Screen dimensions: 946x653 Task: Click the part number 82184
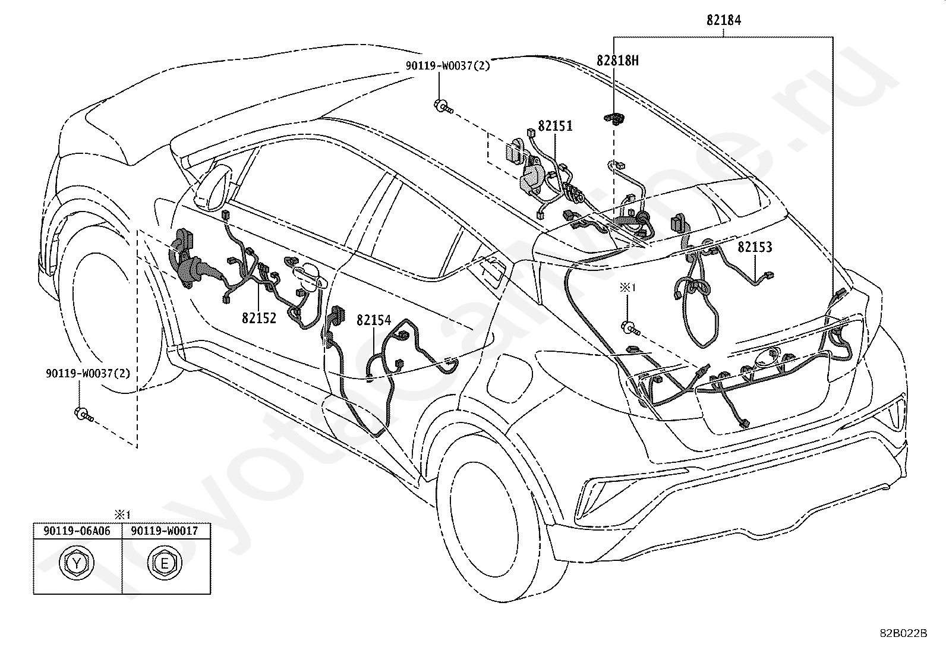tap(724, 20)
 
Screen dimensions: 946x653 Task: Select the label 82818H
tap(617, 61)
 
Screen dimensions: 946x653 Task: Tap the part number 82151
tap(556, 125)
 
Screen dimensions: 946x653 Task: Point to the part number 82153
tap(755, 247)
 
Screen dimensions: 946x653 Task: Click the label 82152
tap(259, 318)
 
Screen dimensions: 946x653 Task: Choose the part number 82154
tap(374, 320)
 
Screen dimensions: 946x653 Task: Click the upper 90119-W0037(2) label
tap(448, 66)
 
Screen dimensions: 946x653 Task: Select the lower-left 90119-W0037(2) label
tap(89, 373)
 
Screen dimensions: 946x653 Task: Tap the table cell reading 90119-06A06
tap(77, 531)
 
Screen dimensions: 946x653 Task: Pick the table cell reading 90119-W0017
tap(165, 531)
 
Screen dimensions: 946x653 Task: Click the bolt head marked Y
tap(77, 563)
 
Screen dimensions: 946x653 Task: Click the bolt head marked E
tap(165, 563)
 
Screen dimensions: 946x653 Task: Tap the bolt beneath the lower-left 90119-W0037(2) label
tap(83, 414)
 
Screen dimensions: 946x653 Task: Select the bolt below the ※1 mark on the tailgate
tap(630, 328)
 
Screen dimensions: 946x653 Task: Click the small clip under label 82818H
tap(614, 119)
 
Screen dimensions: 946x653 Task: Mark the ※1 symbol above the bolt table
tap(122, 515)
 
